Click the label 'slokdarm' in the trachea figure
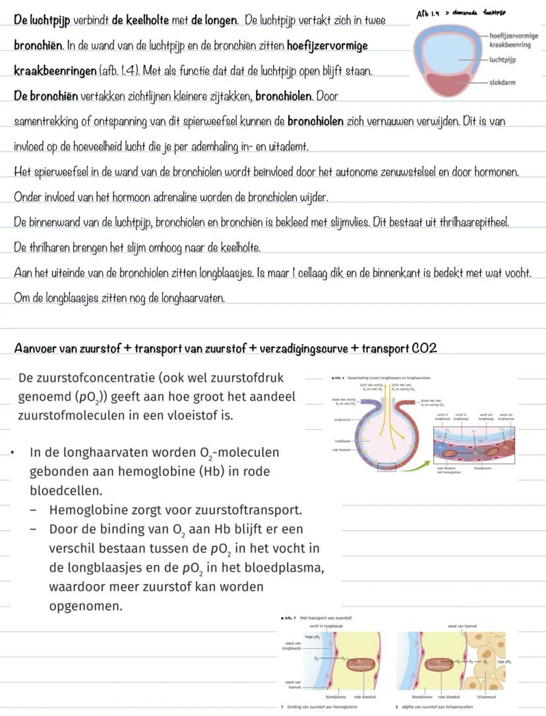tap(504, 83)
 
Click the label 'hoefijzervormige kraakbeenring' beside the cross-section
tap(513, 40)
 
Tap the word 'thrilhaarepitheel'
tap(469, 223)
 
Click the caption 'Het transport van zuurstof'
tap(327, 618)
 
